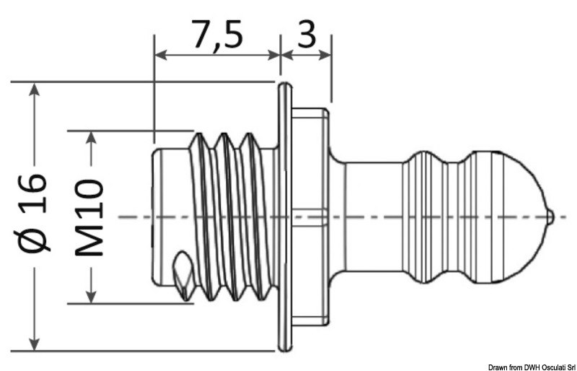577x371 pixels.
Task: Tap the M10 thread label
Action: [90, 217]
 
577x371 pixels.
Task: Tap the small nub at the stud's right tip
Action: [551, 216]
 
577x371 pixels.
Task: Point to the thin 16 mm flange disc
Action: [285, 216]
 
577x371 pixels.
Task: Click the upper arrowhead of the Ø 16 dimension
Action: [33, 90]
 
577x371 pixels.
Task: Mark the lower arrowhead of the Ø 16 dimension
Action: [33, 344]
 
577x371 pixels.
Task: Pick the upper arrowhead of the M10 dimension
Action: [91, 138]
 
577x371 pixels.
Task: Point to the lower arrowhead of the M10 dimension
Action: [91, 295]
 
